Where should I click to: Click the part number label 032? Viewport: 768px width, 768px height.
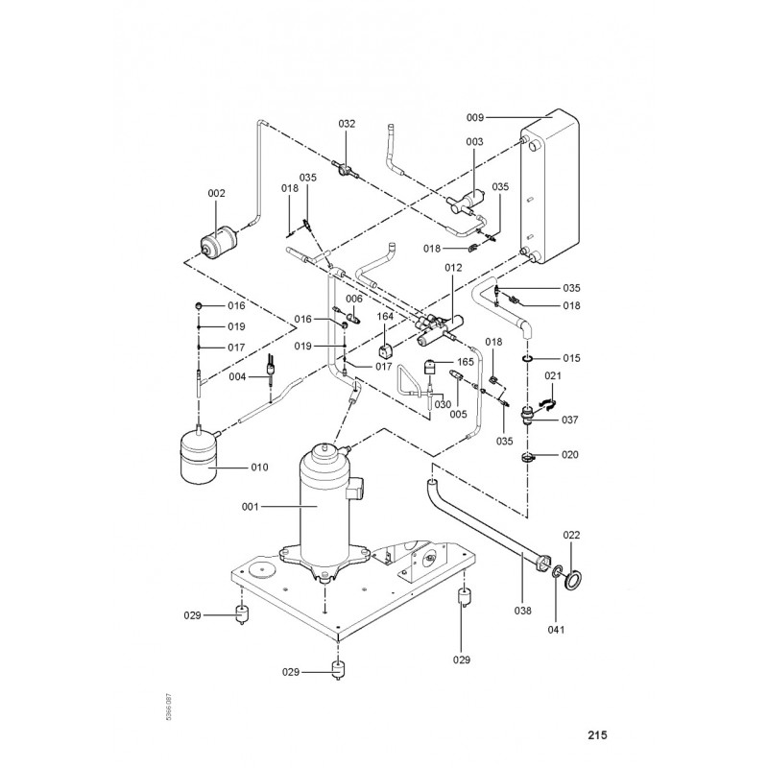click(347, 124)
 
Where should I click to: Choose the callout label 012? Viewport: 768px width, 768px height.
click(454, 265)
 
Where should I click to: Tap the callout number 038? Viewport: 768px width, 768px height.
click(523, 608)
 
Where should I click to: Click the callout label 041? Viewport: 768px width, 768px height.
click(557, 630)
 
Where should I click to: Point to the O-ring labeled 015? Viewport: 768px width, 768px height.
click(527, 358)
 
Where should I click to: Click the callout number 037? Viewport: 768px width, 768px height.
click(570, 420)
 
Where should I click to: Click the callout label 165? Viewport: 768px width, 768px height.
click(466, 362)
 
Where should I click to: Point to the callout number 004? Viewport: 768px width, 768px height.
click(239, 376)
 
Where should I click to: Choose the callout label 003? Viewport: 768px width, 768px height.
click(474, 142)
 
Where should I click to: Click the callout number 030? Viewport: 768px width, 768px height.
click(442, 404)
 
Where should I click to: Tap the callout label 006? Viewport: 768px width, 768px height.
click(354, 300)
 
